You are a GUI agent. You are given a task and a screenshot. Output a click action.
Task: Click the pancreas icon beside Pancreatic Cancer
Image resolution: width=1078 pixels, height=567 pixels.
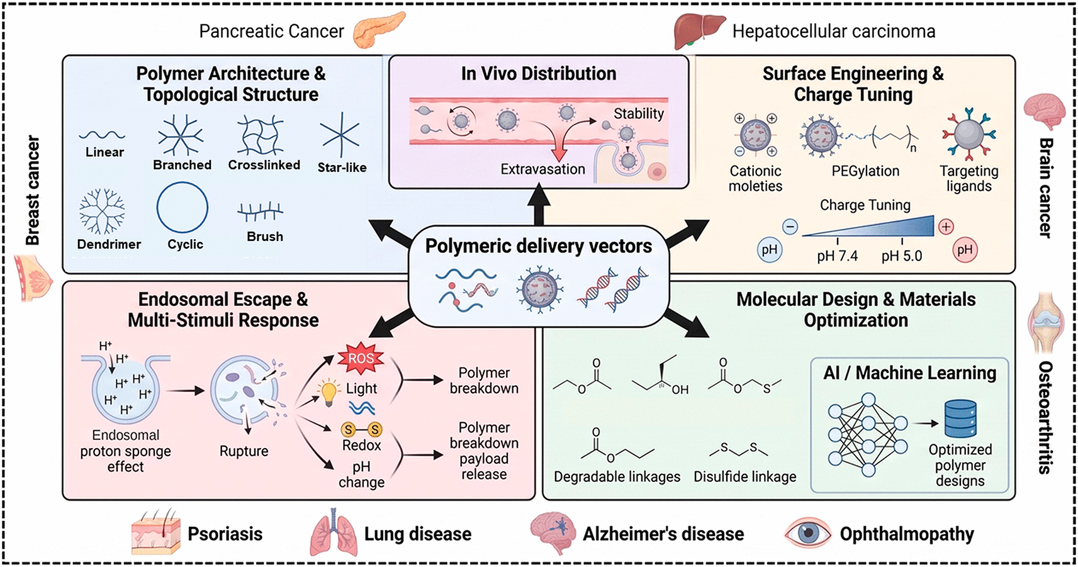(379, 30)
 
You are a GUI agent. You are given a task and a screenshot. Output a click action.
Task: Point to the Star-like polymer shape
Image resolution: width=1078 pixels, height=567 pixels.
(340, 135)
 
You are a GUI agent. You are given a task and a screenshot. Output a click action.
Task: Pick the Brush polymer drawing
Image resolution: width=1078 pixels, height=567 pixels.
(261, 212)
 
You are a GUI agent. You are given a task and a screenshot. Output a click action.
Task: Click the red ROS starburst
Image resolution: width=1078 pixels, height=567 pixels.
(361, 359)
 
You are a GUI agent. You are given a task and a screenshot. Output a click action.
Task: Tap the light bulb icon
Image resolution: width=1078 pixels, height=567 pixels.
(329, 392)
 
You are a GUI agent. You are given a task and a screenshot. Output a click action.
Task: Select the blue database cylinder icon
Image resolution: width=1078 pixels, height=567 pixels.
(960, 419)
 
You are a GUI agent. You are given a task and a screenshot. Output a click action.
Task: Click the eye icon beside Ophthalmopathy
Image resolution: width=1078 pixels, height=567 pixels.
(808, 533)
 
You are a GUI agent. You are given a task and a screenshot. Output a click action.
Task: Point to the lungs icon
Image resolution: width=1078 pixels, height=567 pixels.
(334, 532)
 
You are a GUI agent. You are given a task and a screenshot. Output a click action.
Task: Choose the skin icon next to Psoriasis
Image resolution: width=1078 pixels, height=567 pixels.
(156, 532)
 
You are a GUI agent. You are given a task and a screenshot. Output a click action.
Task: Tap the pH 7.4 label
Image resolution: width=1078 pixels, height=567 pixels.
(838, 256)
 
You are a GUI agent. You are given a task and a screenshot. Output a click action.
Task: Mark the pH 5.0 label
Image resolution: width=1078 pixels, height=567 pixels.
(902, 256)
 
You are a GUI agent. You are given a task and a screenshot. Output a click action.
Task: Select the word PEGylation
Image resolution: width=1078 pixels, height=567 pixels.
(865, 171)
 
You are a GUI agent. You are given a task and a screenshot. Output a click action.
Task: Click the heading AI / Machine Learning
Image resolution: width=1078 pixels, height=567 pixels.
(909, 373)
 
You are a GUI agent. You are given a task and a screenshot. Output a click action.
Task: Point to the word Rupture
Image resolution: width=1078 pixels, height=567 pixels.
(244, 451)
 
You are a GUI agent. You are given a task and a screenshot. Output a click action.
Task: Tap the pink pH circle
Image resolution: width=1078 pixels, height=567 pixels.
(965, 250)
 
